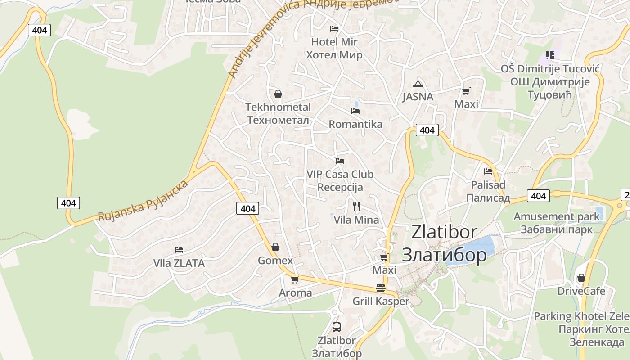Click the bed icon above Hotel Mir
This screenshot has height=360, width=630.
[334, 29]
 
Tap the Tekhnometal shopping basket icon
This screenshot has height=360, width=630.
[278, 94]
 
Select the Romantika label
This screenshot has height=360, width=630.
[355, 124]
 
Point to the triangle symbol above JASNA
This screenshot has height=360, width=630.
[418, 84]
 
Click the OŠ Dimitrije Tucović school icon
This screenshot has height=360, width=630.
[549, 55]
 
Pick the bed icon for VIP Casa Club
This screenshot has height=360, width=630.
[340, 161]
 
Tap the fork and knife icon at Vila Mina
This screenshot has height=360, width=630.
[356, 207]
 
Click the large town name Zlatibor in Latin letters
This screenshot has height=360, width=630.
[444, 232]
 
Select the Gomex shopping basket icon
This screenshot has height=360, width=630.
[275, 247]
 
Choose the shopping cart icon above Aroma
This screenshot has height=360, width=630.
[295, 279]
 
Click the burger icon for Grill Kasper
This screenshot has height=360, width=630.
[381, 288]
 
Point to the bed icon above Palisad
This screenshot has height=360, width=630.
[488, 171]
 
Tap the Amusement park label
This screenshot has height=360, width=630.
[557, 216]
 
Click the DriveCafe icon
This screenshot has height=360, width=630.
[581, 278]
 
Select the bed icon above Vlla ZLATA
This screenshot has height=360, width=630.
[179, 250]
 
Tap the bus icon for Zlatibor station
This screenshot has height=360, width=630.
[336, 327]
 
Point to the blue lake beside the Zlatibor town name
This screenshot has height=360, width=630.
[477, 247]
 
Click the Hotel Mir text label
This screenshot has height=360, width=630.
[334, 42]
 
